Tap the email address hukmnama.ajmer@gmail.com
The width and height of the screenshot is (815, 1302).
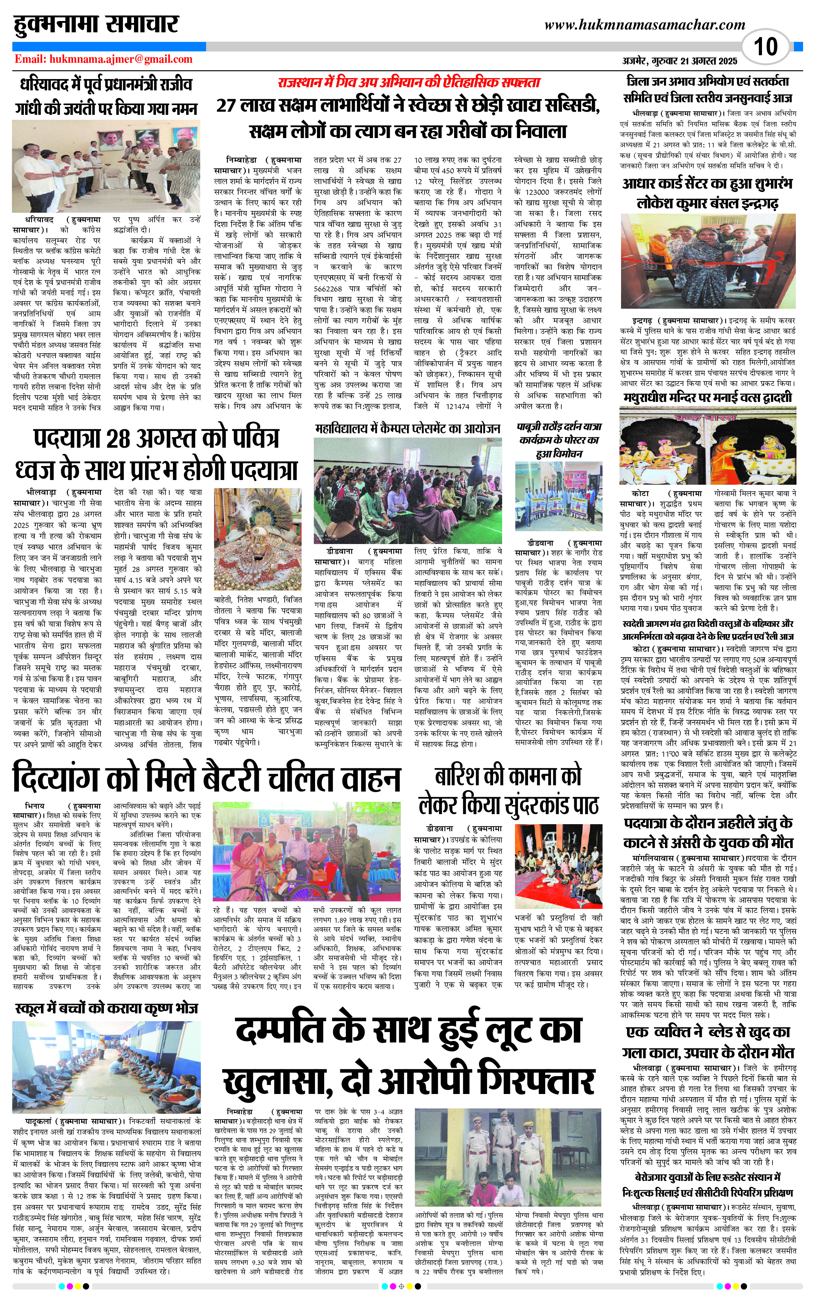click(x=104, y=59)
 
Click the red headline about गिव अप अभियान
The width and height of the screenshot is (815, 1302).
click(x=409, y=83)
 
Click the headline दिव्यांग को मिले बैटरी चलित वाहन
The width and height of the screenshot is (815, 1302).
click(x=206, y=778)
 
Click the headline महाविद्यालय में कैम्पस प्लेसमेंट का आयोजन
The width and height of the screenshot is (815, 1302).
click(x=407, y=429)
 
